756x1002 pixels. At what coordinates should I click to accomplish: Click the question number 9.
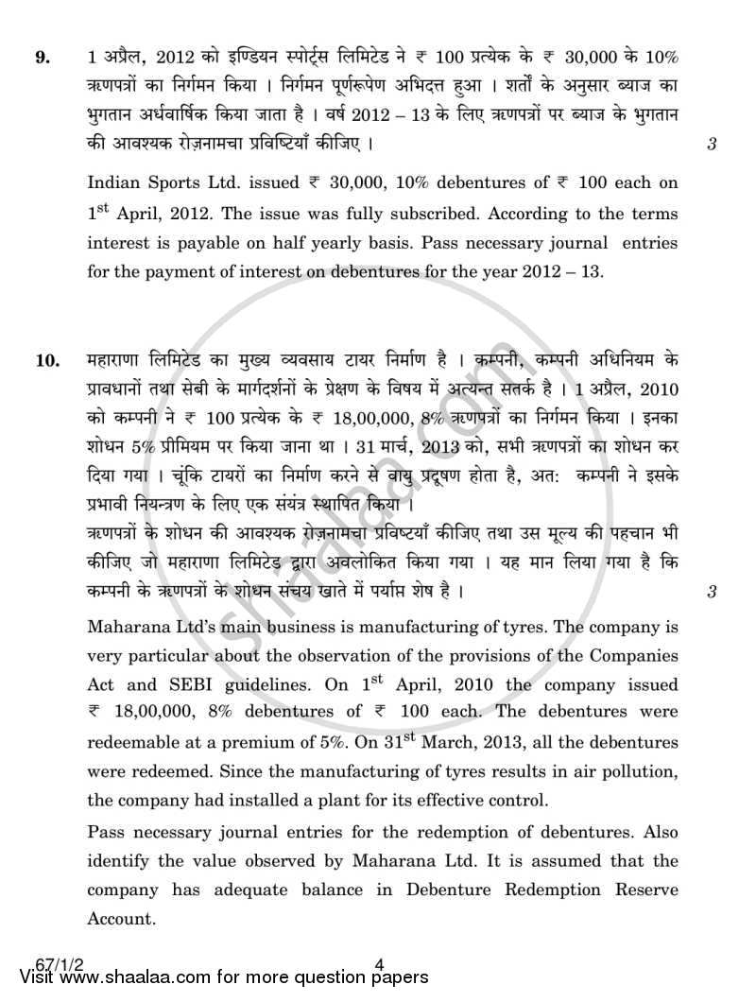43,57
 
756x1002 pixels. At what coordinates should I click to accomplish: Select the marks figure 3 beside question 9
710,146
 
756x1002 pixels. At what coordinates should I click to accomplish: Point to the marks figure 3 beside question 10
710,593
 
